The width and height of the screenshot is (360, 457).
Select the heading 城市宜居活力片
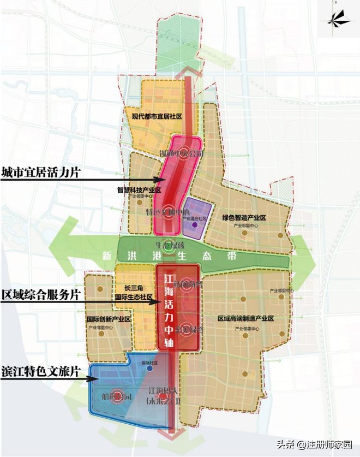coord(41,173)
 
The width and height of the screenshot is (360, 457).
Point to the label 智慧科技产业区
coord(139,190)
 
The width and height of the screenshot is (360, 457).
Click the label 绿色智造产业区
coord(243,218)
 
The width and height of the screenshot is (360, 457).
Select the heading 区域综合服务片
coord(41,294)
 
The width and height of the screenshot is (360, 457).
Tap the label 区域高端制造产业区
coord(245,318)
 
